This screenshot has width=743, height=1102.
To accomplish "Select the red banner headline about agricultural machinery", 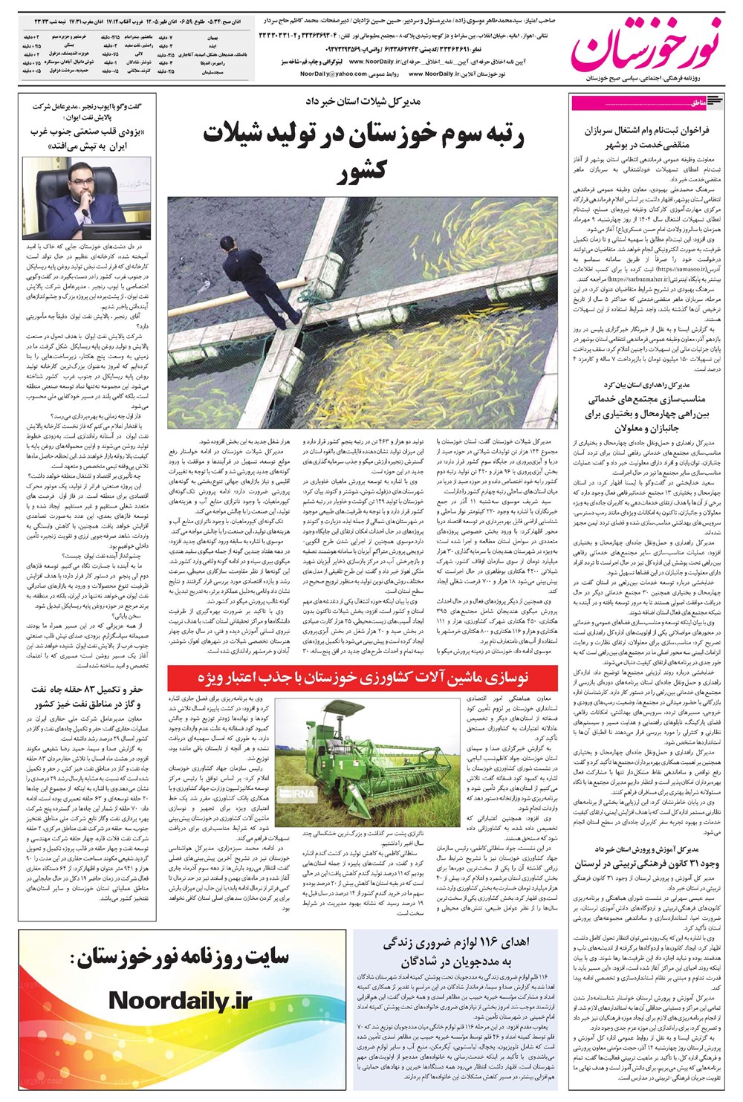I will click(x=362, y=678).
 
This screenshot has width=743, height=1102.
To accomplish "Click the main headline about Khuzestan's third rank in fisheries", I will click(x=363, y=152).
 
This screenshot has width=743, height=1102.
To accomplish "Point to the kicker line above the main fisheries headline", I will click(x=363, y=100).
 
